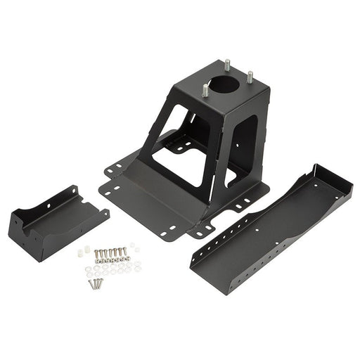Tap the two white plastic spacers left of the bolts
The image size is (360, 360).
pos(84,250)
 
